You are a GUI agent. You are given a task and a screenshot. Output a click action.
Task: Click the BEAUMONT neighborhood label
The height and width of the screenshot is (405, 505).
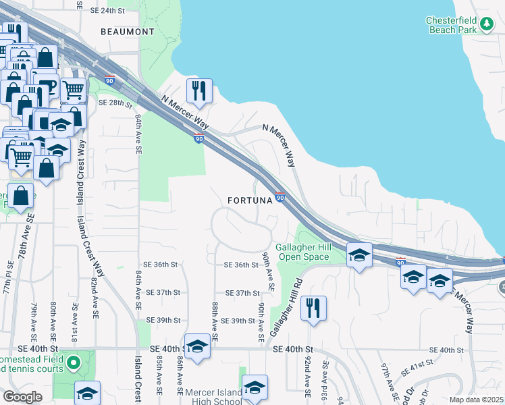click(x=127, y=32)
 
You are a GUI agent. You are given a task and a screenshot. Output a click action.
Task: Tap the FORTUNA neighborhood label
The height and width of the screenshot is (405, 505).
click(x=248, y=200)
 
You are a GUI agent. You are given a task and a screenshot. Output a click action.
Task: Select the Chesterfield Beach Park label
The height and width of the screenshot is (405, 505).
click(x=452, y=25)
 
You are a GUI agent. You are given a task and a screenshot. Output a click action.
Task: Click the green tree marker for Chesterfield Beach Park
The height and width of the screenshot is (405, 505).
click(x=487, y=25)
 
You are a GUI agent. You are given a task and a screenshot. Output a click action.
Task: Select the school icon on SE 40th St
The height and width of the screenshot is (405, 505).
click(x=197, y=347)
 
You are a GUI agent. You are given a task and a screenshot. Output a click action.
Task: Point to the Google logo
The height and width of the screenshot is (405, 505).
click(x=22, y=397)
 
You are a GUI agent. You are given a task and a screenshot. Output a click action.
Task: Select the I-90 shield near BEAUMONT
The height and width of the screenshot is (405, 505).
click(x=109, y=80)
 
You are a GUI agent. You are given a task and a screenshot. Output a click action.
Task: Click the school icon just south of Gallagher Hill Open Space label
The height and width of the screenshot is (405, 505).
click(x=359, y=255)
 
